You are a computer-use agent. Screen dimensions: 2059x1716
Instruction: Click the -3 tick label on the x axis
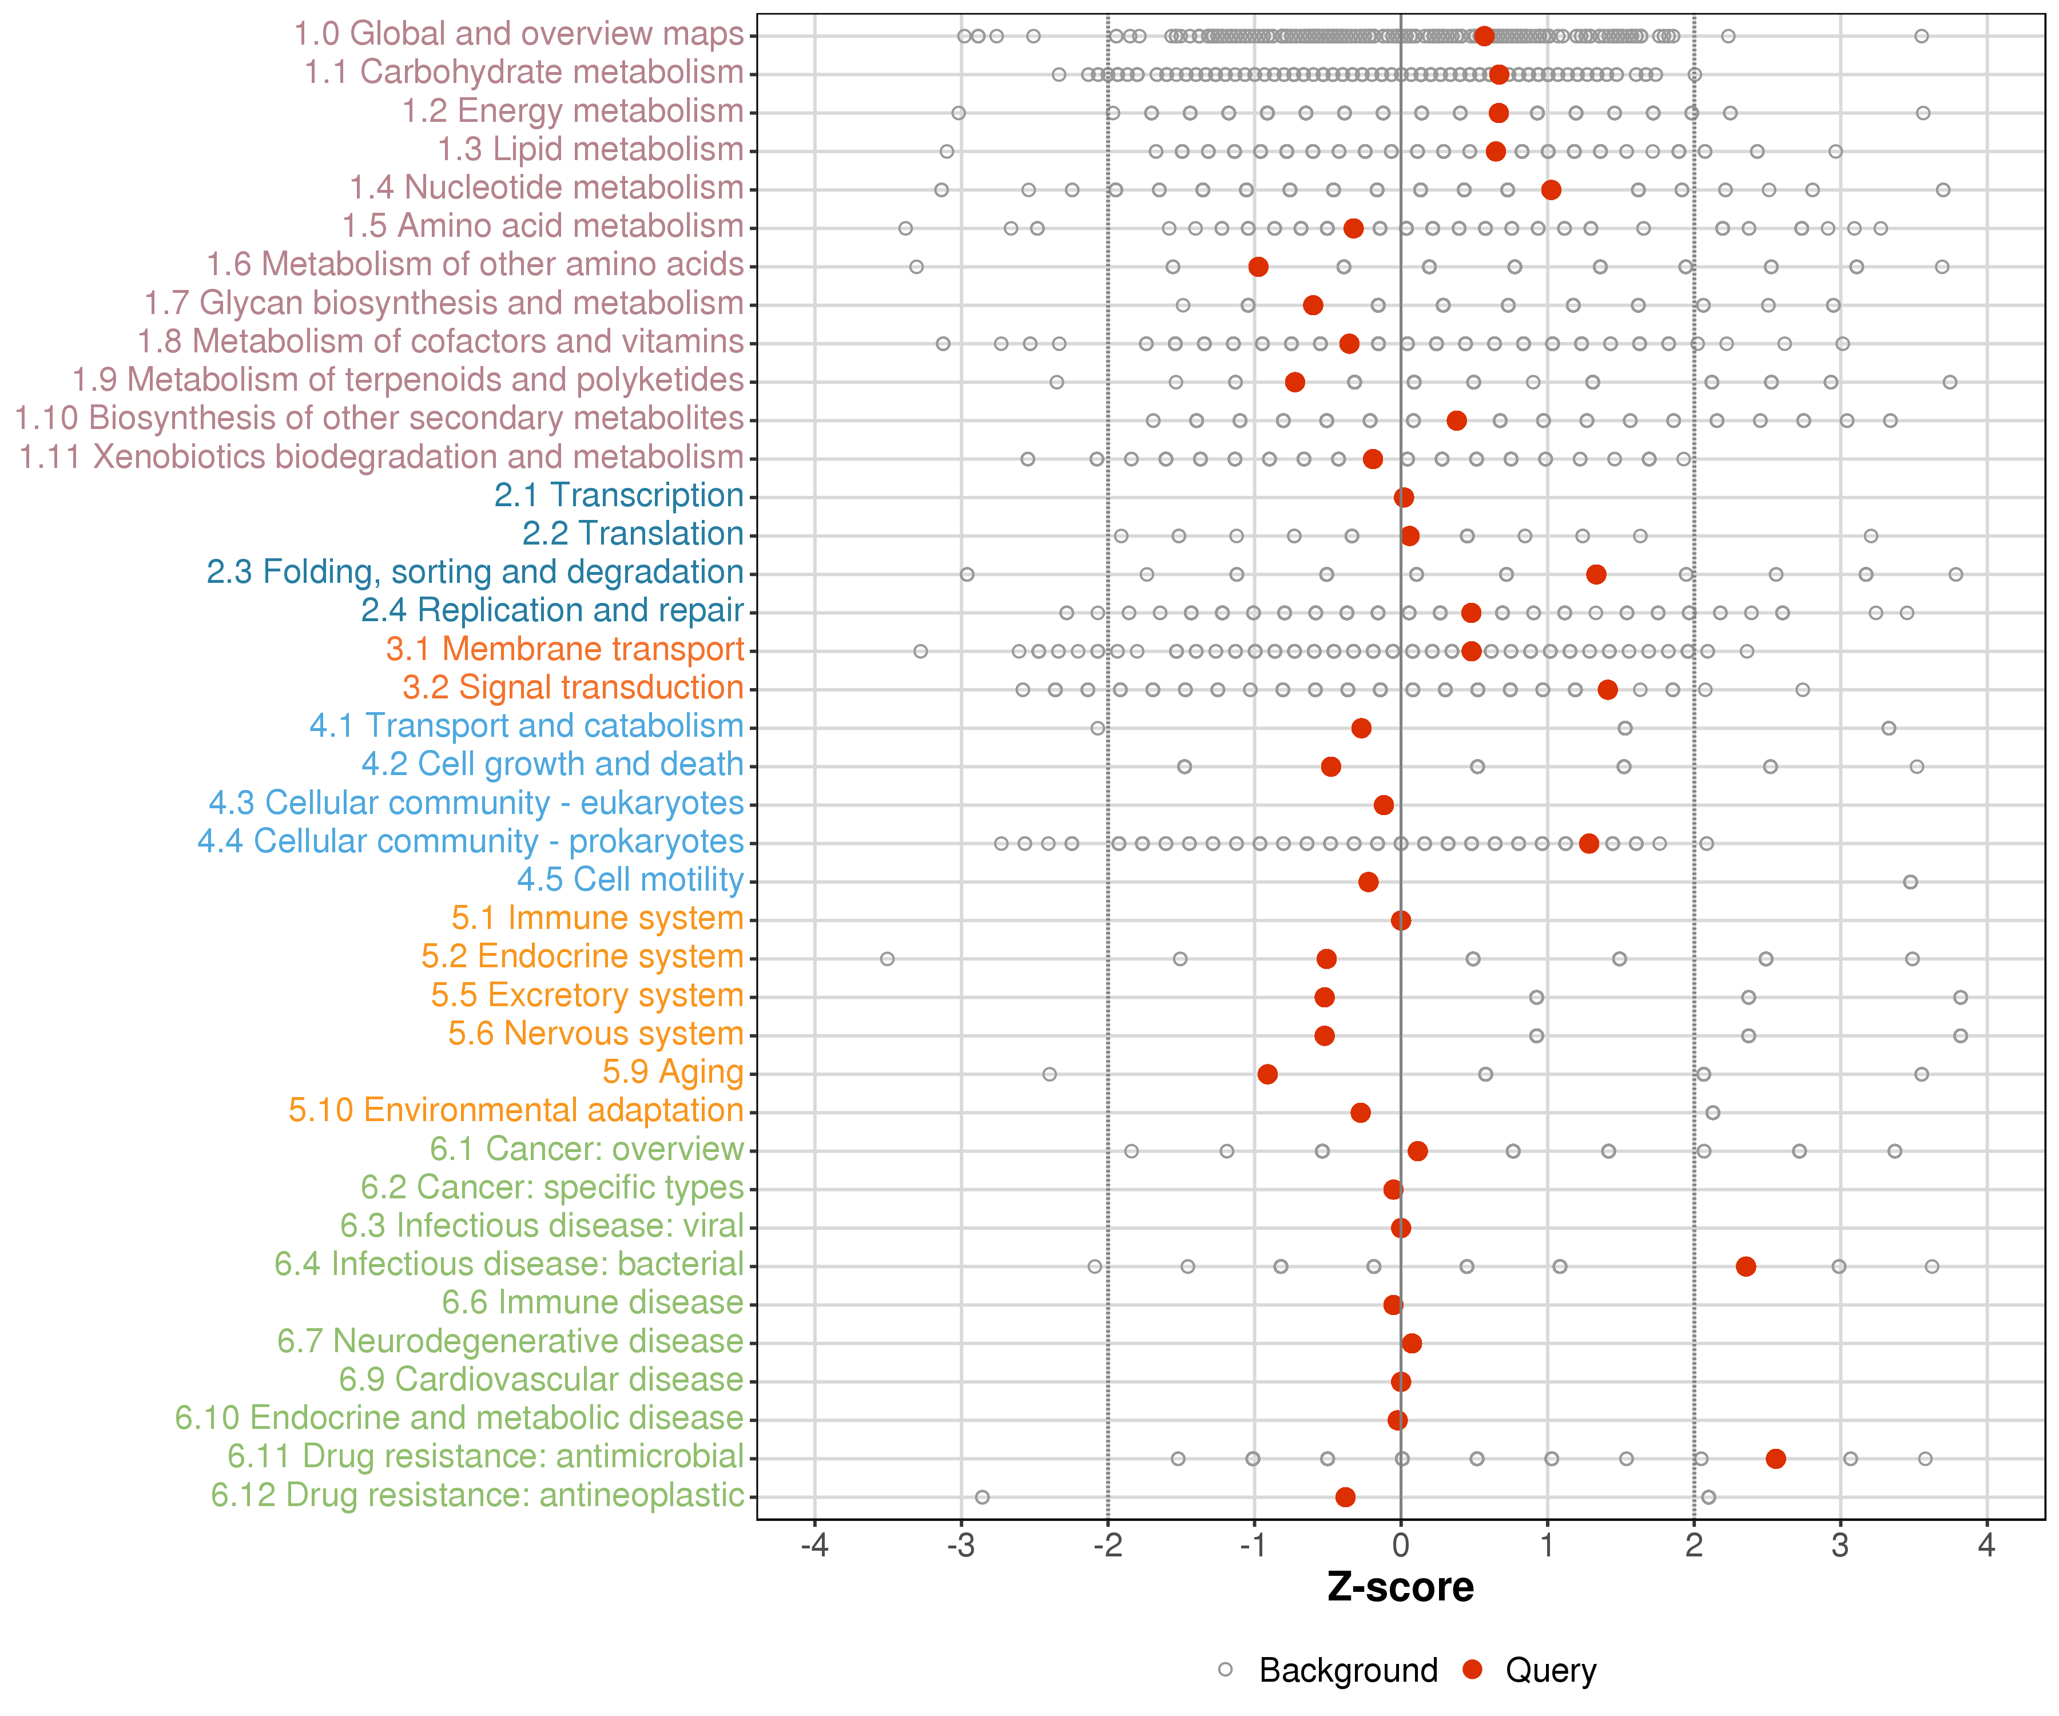961,1546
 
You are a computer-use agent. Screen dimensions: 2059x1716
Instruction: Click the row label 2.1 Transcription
619,495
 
